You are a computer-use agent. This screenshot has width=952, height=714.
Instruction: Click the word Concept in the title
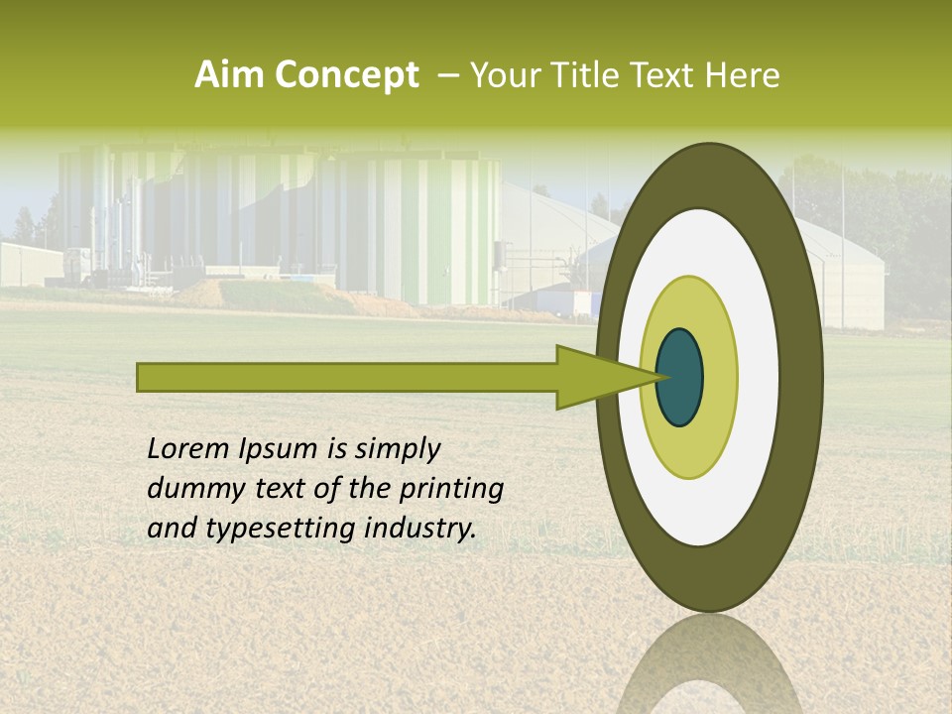point(347,75)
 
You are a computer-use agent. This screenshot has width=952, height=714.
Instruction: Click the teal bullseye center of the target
point(680,377)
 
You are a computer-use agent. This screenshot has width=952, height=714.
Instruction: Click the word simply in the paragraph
point(397,450)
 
